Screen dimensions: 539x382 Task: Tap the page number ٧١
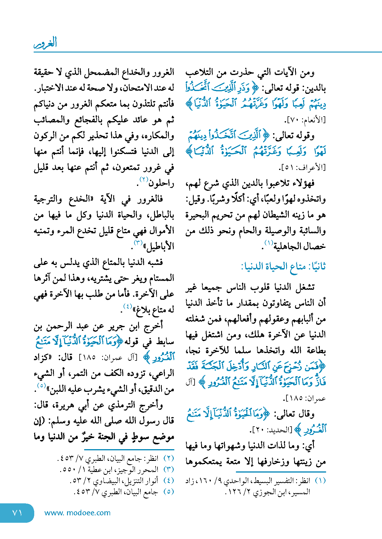17,513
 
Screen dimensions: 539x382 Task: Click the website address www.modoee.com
77,513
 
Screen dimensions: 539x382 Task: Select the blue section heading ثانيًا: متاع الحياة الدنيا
284,267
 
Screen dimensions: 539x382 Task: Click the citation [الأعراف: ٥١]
302,167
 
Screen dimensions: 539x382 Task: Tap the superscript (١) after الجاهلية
269,243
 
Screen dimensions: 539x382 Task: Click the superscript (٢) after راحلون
143,179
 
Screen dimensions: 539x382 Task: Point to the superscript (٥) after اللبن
42,386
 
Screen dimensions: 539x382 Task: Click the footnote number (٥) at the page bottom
169,492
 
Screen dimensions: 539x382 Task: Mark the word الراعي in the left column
163,374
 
